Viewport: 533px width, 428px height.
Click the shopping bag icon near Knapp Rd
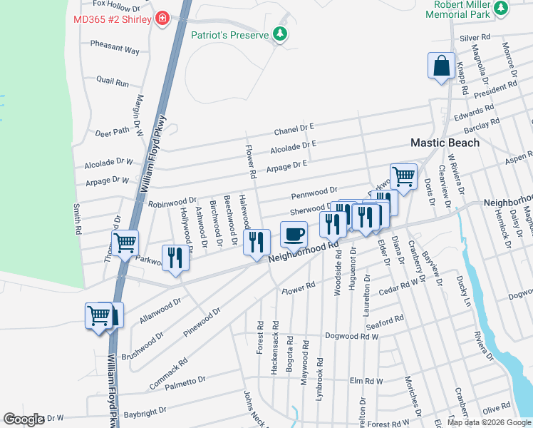[x=441, y=65]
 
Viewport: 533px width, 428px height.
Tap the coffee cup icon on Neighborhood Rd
[x=294, y=233]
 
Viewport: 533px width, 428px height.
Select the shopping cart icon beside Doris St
[x=403, y=175]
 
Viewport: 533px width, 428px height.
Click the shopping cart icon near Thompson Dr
[x=125, y=243]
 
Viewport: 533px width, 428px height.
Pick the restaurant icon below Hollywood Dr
[x=175, y=258]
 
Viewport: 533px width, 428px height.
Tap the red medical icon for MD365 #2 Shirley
[x=163, y=19]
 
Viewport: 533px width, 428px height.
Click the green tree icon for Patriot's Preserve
[x=281, y=34]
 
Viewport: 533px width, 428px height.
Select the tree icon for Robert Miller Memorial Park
[x=502, y=9]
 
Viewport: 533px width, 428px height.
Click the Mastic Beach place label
[x=445, y=143]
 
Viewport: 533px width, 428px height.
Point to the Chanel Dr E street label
[x=294, y=129]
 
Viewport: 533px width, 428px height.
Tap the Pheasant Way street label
[x=115, y=46]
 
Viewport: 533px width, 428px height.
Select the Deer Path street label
[x=113, y=132]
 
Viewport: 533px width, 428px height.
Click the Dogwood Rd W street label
[x=351, y=336]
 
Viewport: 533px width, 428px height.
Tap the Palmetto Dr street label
[x=186, y=379]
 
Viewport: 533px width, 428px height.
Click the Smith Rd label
[x=77, y=220]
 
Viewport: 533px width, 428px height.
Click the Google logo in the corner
[x=24, y=419]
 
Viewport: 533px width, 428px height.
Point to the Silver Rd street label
[x=475, y=37]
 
